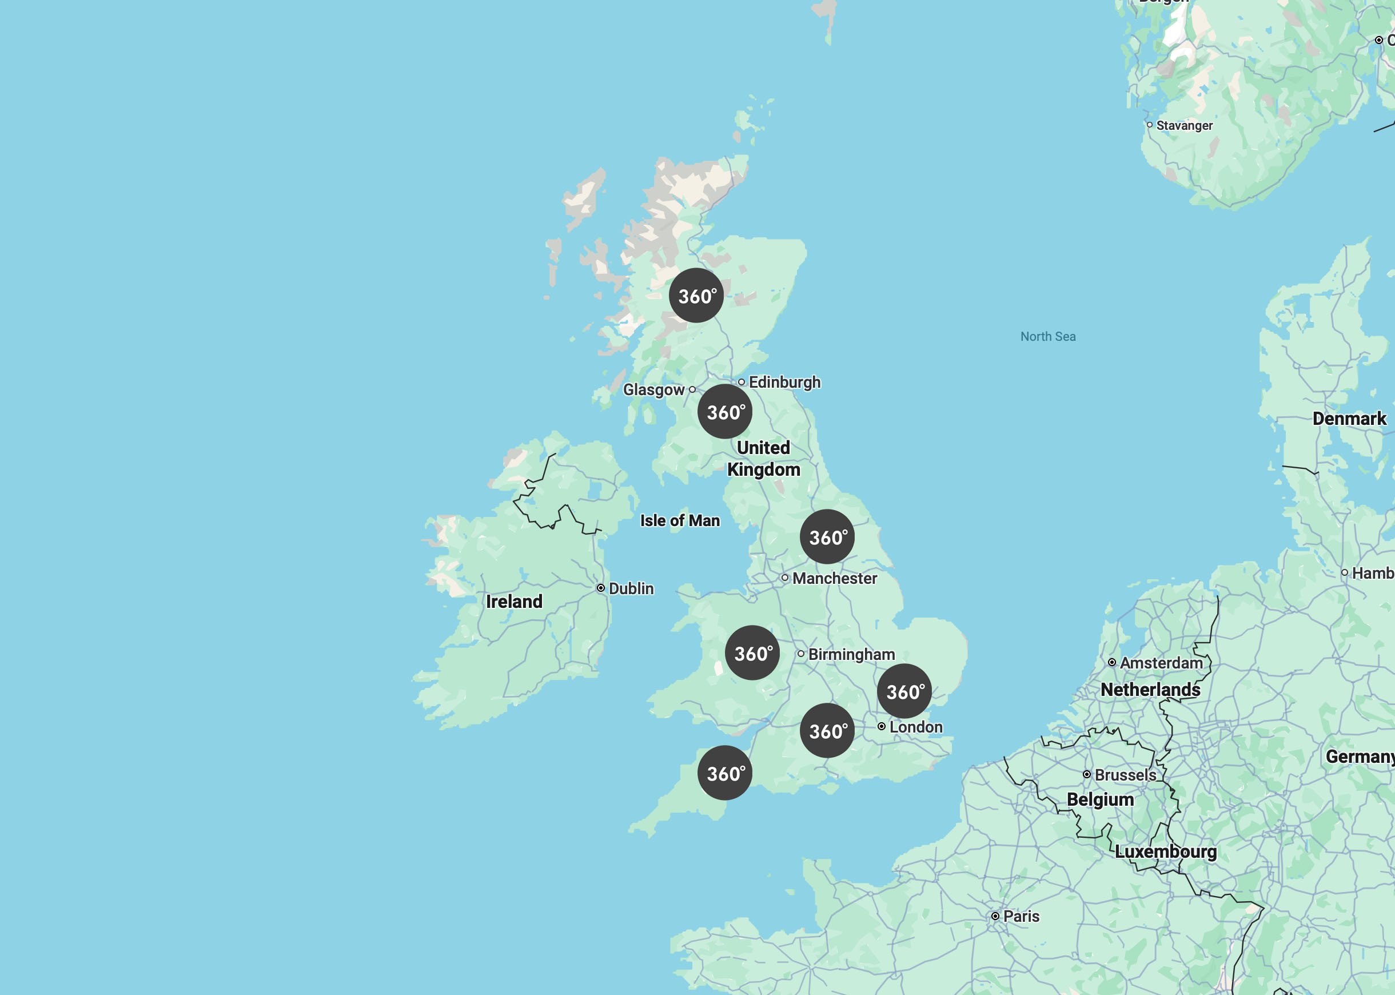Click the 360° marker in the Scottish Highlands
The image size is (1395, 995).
pyautogui.click(x=696, y=295)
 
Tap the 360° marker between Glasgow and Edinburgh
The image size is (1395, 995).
pyautogui.click(x=725, y=411)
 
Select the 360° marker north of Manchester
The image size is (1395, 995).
pyautogui.click(x=827, y=537)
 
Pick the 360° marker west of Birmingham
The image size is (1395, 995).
pyautogui.click(x=752, y=652)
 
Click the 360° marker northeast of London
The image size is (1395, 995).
pyautogui.click(x=904, y=691)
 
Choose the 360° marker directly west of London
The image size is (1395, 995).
pyautogui.click(x=827, y=730)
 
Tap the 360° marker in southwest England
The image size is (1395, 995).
pyautogui.click(x=725, y=773)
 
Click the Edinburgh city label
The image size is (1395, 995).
pyautogui.click(x=784, y=383)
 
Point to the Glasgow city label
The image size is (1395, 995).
pyautogui.click(x=653, y=389)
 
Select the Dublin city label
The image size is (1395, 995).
pyautogui.click(x=631, y=589)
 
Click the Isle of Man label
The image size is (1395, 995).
pyautogui.click(x=680, y=521)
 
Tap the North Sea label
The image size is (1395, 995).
pyautogui.click(x=1048, y=336)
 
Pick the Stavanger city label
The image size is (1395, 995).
pyautogui.click(x=1183, y=126)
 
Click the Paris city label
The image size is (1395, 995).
pyautogui.click(x=1021, y=916)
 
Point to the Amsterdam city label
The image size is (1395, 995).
pyautogui.click(x=1161, y=663)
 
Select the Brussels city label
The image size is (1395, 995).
pyautogui.click(x=1125, y=775)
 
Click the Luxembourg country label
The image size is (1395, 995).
pyautogui.click(x=1165, y=851)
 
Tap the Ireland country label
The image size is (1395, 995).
pyautogui.click(x=514, y=602)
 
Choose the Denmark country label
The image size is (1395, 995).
pyautogui.click(x=1349, y=419)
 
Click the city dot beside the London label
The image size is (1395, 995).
pyautogui.click(x=881, y=727)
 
